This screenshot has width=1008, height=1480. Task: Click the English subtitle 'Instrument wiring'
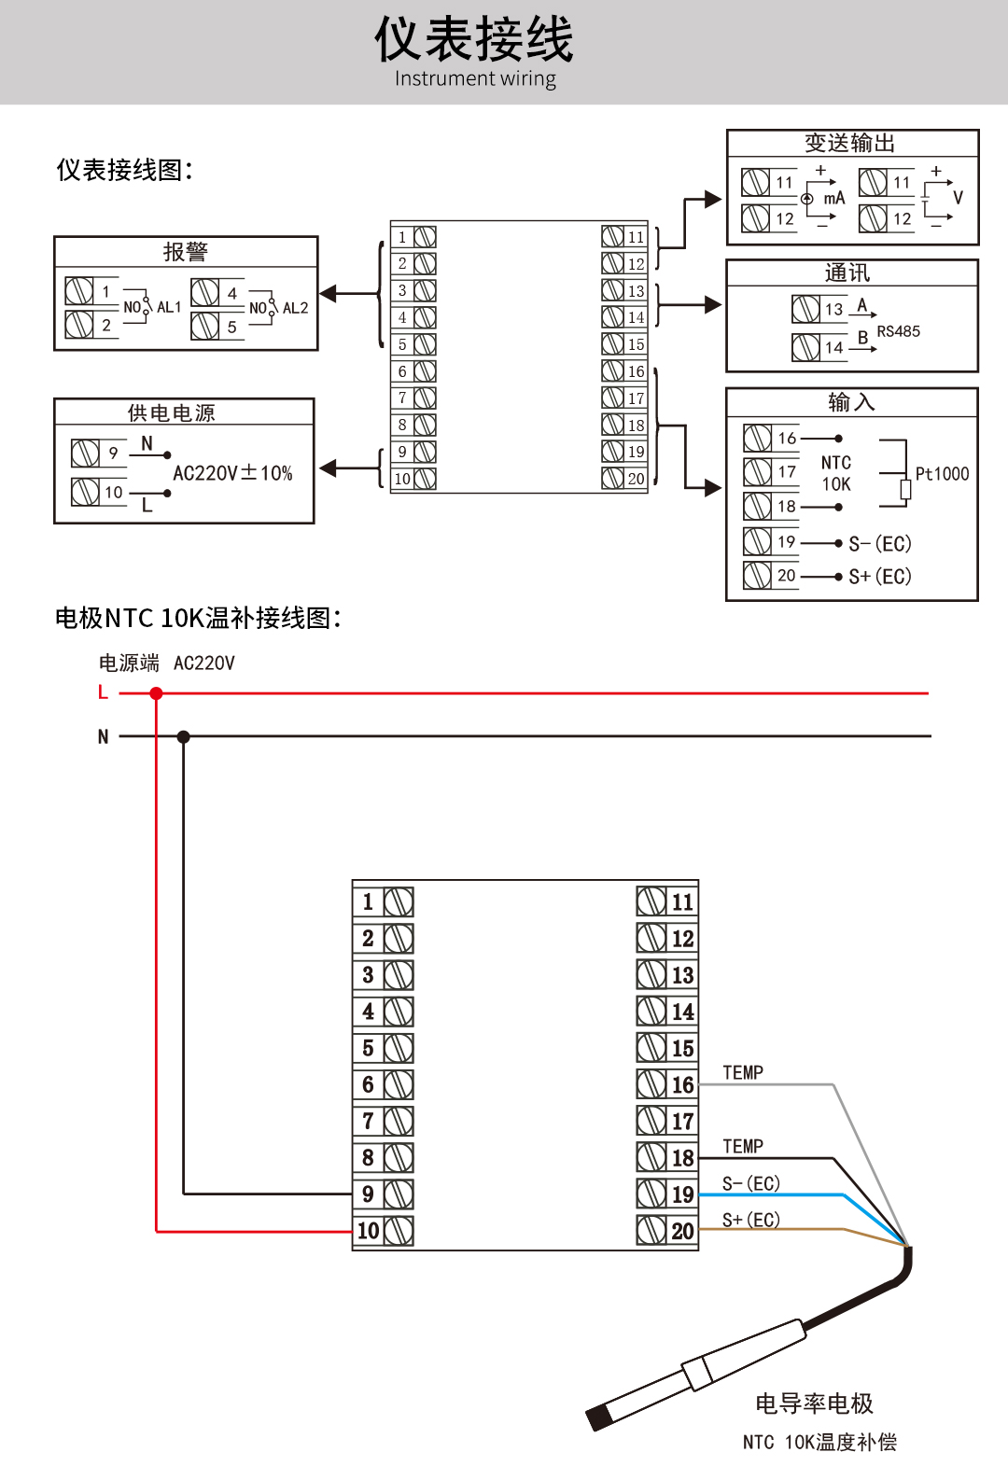(x=475, y=78)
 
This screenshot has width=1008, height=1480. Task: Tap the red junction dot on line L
(x=156, y=693)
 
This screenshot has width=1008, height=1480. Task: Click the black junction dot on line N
(x=184, y=736)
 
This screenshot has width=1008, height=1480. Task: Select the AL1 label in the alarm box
(x=169, y=307)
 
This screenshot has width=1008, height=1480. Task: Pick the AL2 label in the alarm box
(x=295, y=308)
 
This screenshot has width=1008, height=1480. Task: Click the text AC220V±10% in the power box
(x=232, y=473)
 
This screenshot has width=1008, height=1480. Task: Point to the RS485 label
(x=898, y=331)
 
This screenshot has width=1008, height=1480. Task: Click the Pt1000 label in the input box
(x=942, y=474)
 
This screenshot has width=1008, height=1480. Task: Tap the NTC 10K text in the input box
(x=836, y=473)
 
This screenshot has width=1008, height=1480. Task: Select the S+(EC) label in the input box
(x=880, y=577)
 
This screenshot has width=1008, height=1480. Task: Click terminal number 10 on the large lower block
(x=369, y=1231)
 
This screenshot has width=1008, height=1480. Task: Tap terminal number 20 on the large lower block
(x=683, y=1231)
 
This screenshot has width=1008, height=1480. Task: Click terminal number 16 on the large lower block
(x=683, y=1085)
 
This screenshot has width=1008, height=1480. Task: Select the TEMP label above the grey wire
(x=743, y=1073)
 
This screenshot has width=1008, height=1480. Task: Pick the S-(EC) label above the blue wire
(x=751, y=1183)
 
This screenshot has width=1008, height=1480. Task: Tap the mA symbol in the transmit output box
(x=833, y=198)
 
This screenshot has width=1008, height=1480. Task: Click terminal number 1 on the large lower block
(x=368, y=902)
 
